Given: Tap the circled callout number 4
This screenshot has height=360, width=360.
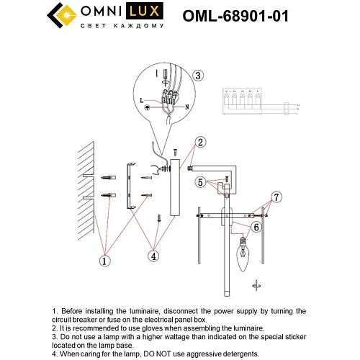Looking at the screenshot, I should coord(154,254).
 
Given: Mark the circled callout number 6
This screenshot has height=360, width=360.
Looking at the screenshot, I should coord(256,226).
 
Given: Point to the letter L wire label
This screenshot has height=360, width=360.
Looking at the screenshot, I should coord(142,99).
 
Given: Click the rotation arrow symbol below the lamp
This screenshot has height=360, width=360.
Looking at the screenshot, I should coord(257,285).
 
